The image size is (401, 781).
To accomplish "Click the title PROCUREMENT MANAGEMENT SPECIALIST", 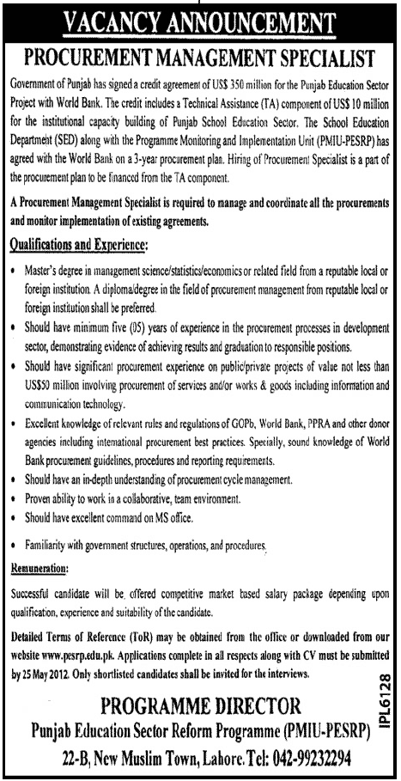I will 199,59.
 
